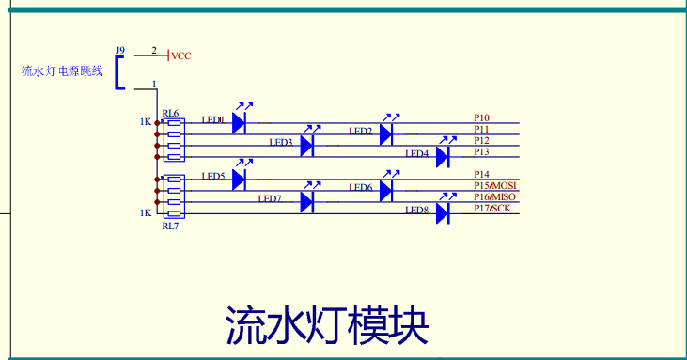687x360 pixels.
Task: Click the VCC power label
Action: tap(181, 56)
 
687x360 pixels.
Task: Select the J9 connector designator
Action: tap(119, 50)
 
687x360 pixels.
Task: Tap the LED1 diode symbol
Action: tap(239, 122)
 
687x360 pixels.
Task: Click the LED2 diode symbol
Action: tap(385, 134)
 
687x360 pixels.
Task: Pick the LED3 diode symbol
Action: tap(306, 146)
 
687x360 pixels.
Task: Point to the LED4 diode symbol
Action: tap(443, 157)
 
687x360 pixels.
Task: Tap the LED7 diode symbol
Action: tap(306, 201)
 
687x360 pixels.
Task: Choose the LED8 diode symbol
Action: tap(443, 212)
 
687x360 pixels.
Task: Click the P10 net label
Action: tap(481, 118)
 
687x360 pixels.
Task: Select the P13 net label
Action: tap(481, 151)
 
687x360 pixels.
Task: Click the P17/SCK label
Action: tap(492, 209)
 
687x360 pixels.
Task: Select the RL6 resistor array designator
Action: tap(170, 113)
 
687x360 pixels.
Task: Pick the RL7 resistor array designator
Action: tap(169, 227)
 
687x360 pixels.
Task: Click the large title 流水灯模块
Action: tap(327, 326)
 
